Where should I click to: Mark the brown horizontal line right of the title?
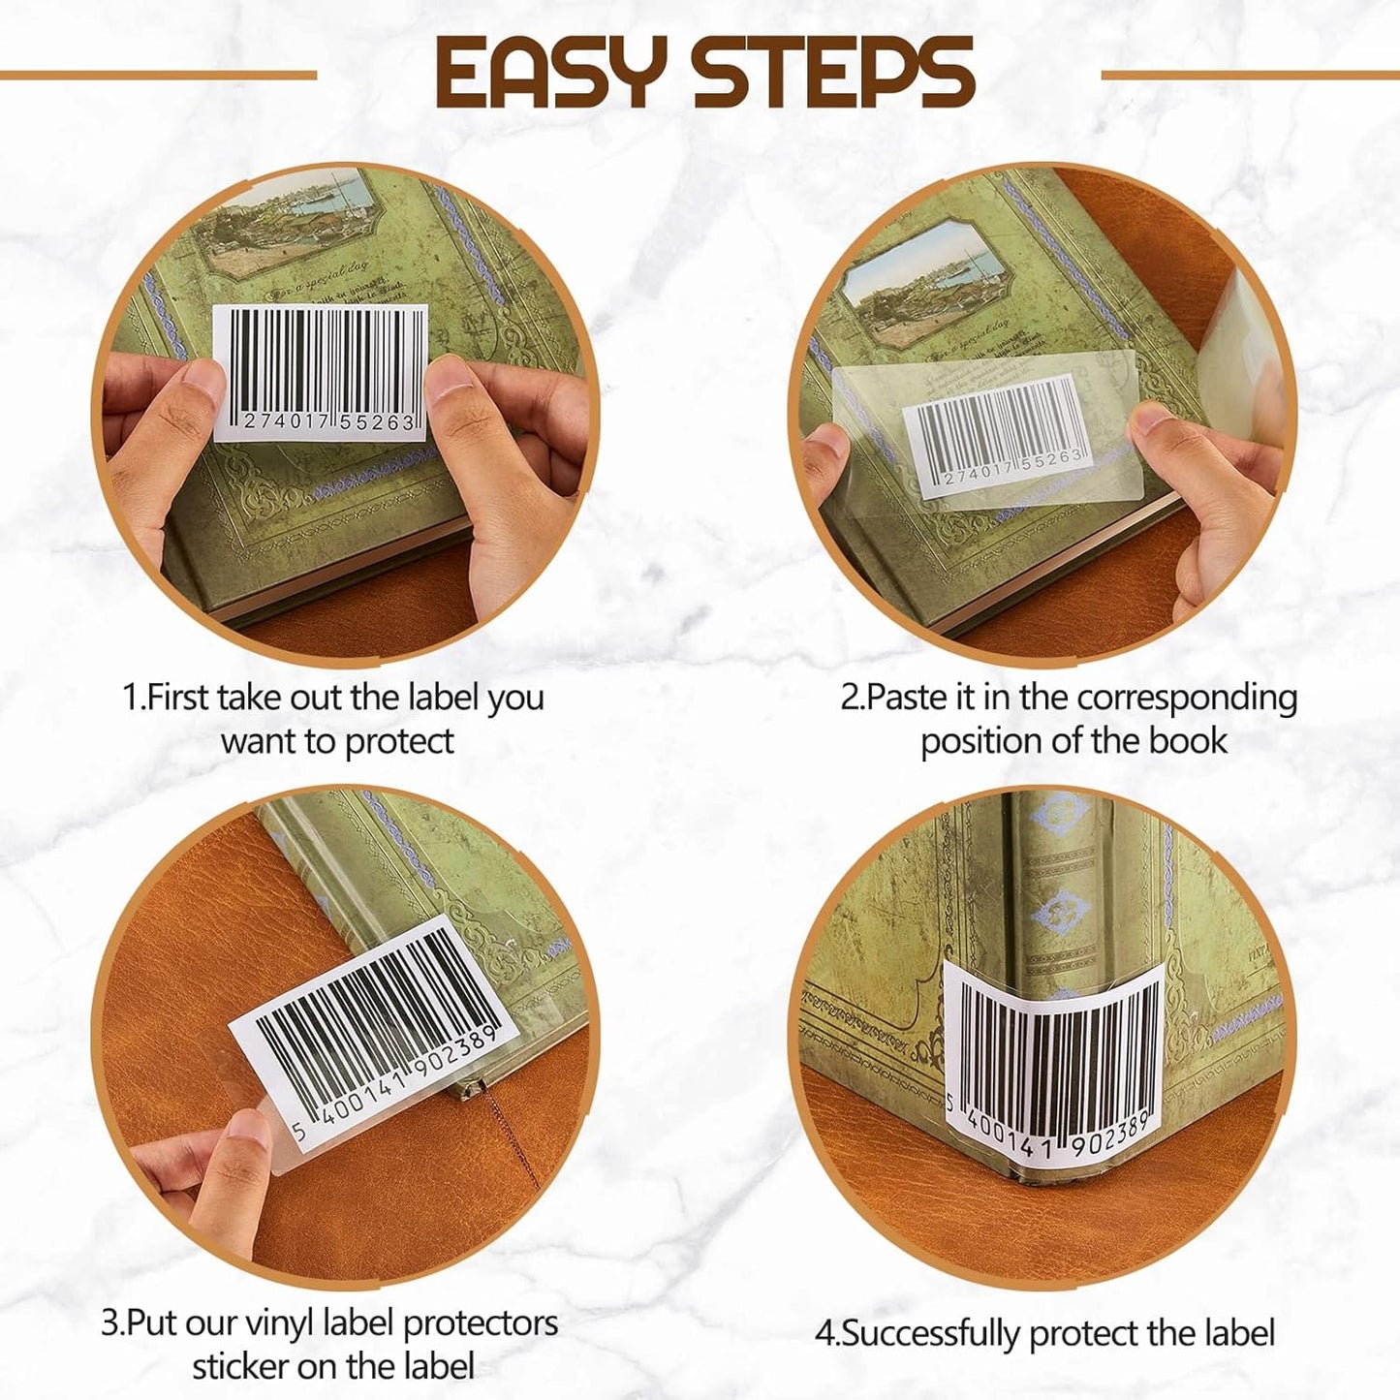(x=1250, y=75)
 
